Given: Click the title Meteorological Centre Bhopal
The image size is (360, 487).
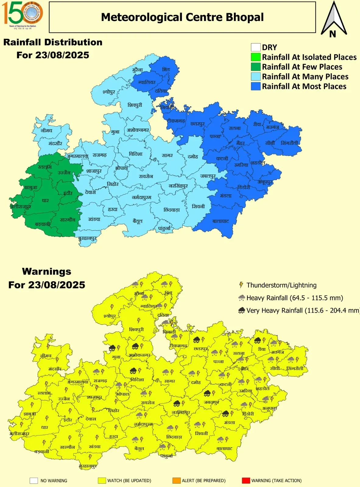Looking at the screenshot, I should tap(182, 17).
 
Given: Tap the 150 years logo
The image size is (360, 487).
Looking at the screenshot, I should tap(22, 14).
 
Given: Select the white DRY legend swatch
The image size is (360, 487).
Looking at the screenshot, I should tap(256, 47).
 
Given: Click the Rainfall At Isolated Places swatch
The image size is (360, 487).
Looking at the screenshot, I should tap(256, 57).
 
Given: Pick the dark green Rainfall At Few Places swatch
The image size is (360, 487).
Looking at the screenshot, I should tap(256, 67).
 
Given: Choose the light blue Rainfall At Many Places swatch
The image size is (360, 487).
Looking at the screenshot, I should tap(256, 77).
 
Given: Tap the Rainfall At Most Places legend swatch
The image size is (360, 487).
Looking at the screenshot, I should tap(256, 86).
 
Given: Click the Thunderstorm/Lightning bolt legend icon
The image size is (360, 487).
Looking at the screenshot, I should tap(241, 285).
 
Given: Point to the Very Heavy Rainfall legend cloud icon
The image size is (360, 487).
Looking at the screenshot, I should tap(242, 310).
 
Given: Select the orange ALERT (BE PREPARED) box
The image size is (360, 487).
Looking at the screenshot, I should tap(177, 481).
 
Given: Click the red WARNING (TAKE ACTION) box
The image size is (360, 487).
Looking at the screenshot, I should tap(246, 481).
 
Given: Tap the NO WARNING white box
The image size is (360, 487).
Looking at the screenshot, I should tap(34, 481).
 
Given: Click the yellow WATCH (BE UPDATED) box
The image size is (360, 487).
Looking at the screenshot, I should tap(102, 481).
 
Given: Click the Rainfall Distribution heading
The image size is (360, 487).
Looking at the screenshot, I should tap(53, 42).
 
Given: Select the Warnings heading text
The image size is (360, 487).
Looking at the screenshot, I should tap(47, 272).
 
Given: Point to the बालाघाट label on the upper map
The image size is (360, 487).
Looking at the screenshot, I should tap(221, 221).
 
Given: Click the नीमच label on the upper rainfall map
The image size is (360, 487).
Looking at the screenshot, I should tap(47, 131).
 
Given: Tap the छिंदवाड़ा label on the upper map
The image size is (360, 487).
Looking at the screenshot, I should tap(171, 210).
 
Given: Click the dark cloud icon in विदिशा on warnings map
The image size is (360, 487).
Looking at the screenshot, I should tap(133, 371).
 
